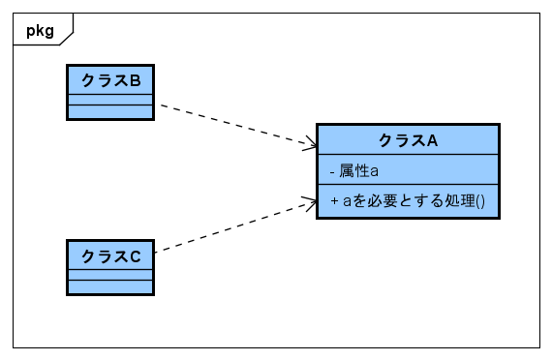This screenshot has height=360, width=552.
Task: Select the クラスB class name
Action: click(109, 79)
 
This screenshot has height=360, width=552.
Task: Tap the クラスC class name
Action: click(109, 255)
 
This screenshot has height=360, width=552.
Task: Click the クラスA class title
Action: click(408, 139)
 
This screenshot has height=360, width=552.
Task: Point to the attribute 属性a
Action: click(358, 170)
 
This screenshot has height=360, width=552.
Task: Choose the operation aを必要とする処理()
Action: click(408, 201)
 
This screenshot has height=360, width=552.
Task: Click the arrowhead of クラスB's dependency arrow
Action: click(311, 146)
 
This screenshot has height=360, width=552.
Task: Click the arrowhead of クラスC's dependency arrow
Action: click(311, 202)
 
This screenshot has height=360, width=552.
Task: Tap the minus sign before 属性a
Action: click(332, 170)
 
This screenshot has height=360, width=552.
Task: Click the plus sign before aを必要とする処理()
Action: click(333, 201)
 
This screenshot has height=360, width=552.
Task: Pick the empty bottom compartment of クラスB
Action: click(109, 111)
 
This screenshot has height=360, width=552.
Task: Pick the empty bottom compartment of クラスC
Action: click(109, 286)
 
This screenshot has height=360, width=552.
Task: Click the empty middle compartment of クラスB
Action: click(109, 99)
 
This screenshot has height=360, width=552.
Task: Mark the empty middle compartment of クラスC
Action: click(109, 275)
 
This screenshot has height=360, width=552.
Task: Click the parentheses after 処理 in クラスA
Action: click(479, 201)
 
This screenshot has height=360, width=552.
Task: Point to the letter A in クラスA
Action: click(433, 139)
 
